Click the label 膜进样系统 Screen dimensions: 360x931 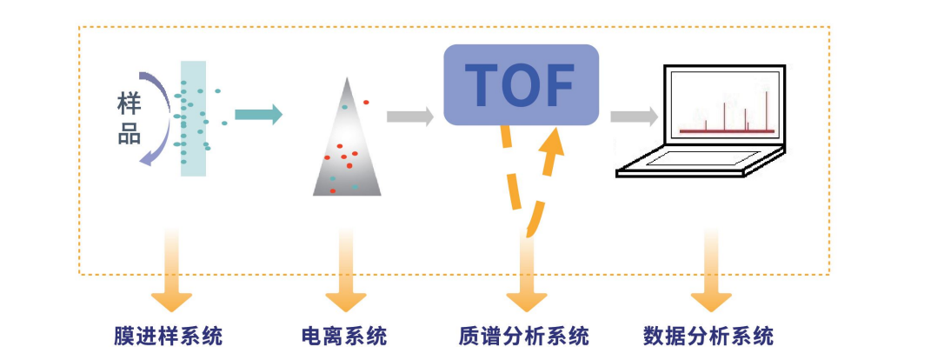tap(168, 336)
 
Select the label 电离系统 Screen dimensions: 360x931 tap(344, 336)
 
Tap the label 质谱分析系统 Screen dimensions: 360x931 tap(523, 336)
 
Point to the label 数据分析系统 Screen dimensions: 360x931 tap(708, 336)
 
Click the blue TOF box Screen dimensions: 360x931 tap(522, 84)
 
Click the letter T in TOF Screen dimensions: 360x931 tap(482, 84)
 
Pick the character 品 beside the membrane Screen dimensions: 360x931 tap(130, 135)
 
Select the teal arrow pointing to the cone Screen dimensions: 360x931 tap(258, 114)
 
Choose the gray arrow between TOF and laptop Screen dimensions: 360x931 tap(634, 117)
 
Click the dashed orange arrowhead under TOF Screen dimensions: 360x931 tap(554, 142)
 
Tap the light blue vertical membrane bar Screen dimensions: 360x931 tap(193, 117)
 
